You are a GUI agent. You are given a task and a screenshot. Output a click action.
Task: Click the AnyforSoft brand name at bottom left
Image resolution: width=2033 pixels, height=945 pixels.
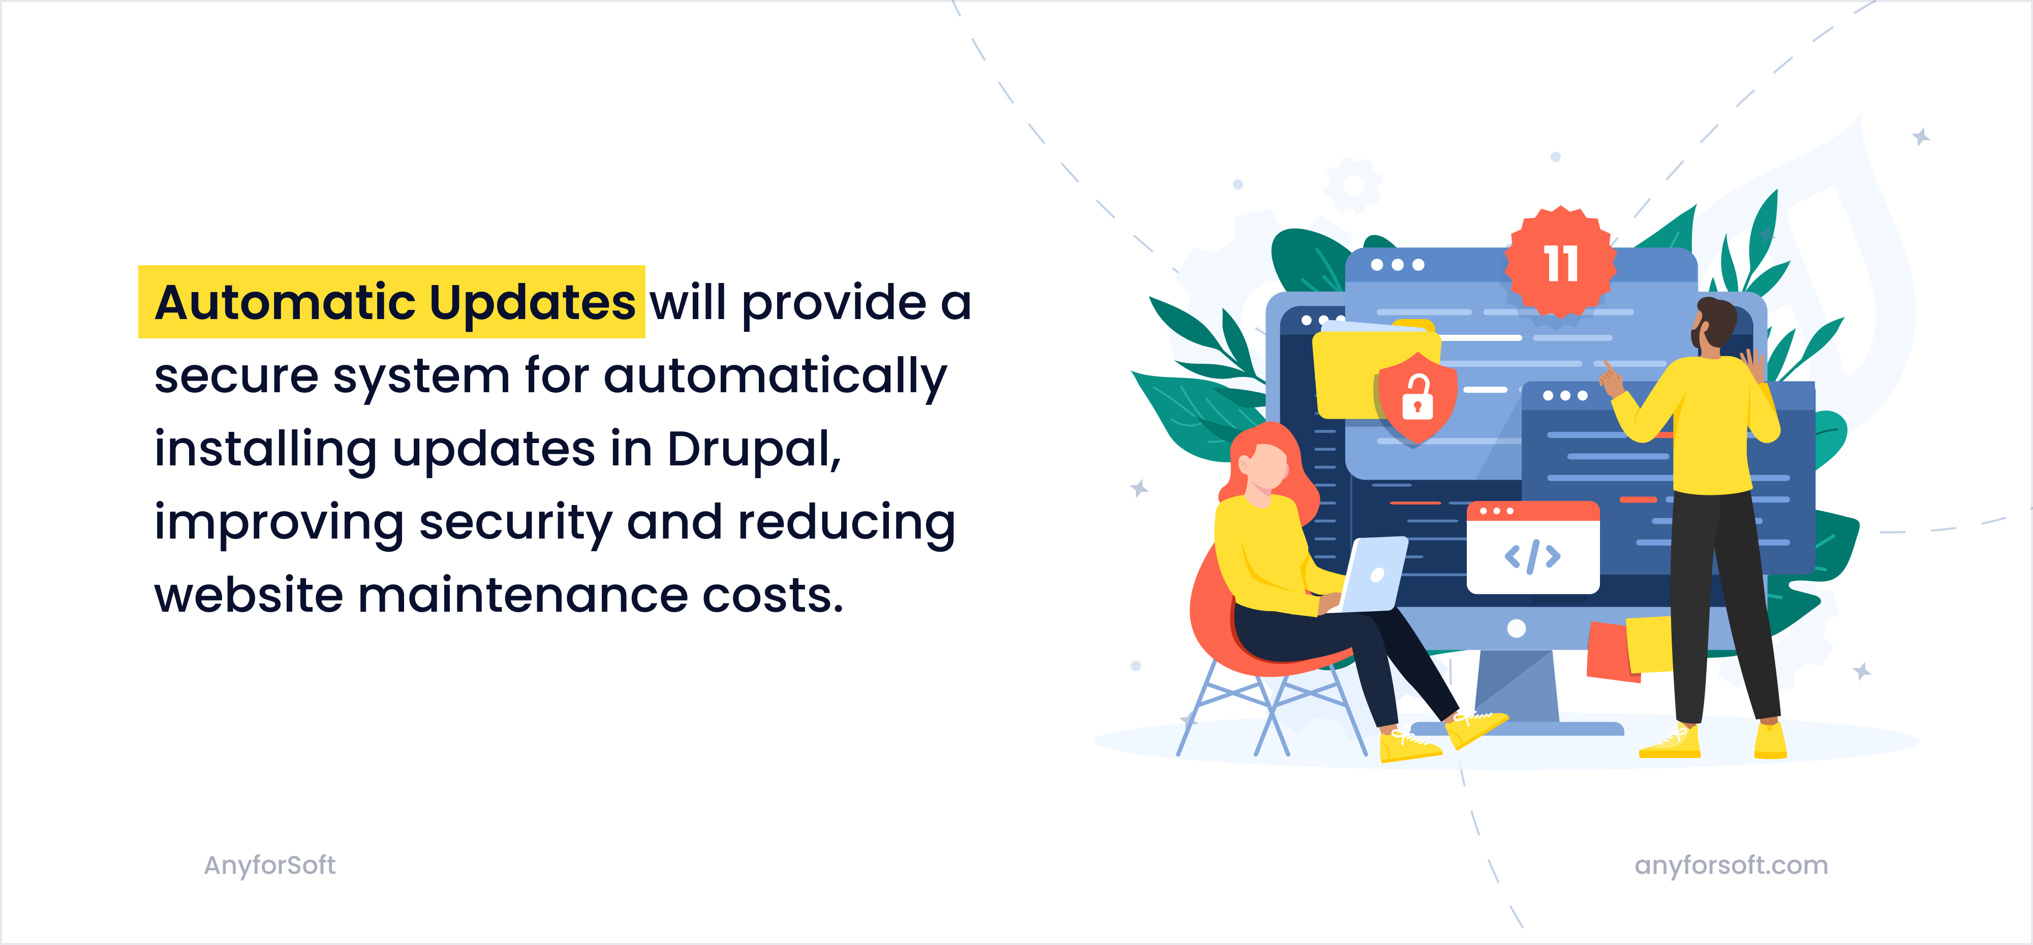coord(269,865)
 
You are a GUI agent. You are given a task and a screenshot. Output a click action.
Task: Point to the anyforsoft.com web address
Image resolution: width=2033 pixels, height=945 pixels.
coord(1731,865)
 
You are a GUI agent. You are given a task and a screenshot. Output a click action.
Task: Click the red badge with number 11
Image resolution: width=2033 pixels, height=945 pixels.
coord(1560,264)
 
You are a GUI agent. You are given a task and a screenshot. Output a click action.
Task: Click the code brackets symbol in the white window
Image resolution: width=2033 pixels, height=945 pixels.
coord(1532,556)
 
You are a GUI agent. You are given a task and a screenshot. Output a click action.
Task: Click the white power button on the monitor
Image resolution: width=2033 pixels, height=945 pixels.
coord(1516,628)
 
